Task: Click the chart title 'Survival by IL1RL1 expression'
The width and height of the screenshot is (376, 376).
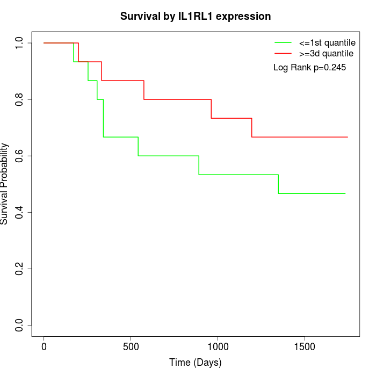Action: [x=196, y=16]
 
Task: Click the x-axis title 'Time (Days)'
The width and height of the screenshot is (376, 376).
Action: [x=196, y=363]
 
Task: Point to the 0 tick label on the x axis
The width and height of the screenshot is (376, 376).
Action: [x=44, y=346]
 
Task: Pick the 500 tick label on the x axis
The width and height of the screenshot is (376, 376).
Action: [x=131, y=346]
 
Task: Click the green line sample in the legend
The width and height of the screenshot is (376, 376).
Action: [x=283, y=42]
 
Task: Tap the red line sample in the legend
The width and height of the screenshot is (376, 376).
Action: [x=283, y=54]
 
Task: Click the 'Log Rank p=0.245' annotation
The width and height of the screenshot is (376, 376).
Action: [x=309, y=68]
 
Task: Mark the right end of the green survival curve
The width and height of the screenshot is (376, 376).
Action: [x=345, y=193]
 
